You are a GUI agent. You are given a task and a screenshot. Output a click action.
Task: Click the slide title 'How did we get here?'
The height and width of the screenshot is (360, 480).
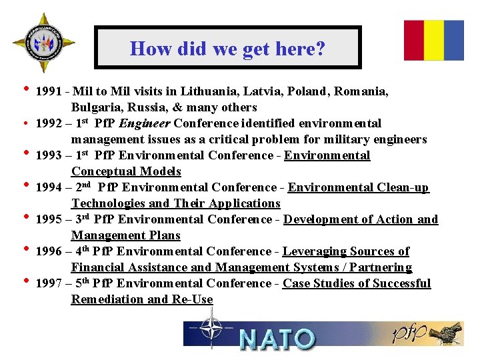point(227,48)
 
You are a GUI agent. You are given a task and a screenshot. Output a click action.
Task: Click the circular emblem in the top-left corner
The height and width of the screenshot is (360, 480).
point(44,43)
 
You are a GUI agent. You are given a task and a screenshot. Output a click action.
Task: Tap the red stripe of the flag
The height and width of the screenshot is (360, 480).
point(413,40)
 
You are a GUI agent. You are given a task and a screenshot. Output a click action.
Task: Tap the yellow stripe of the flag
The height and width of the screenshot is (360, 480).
point(434,40)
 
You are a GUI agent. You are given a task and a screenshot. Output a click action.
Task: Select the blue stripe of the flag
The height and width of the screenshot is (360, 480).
point(454,40)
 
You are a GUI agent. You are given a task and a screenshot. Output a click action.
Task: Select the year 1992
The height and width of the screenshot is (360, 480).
point(49,123)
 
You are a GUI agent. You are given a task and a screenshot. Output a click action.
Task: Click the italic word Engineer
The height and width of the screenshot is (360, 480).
point(145,123)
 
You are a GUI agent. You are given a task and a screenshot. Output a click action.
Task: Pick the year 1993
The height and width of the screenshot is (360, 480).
point(49,155)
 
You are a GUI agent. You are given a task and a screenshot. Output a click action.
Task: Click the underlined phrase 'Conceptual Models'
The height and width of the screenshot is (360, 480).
point(126,171)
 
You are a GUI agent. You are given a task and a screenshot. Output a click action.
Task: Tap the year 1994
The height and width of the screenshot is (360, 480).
point(49,187)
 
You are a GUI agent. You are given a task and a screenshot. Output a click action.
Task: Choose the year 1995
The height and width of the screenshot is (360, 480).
point(49,219)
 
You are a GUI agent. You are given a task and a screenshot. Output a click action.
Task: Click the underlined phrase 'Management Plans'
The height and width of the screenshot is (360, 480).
point(126,235)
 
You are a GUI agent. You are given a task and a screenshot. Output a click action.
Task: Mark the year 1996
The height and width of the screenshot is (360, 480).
point(49,251)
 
